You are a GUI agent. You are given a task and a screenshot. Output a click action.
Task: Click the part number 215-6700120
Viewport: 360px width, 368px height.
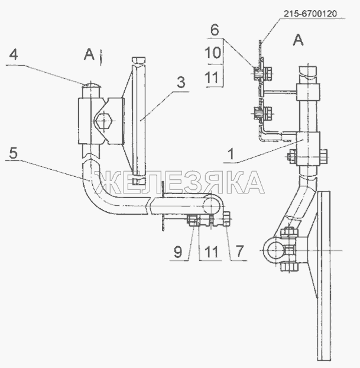(x=310, y=14)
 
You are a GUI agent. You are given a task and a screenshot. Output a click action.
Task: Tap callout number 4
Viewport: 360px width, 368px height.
(x=14, y=54)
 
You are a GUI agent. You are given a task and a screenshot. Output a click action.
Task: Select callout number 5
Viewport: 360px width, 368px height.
(x=13, y=153)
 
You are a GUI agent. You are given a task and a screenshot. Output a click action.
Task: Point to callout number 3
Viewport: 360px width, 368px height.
(x=181, y=83)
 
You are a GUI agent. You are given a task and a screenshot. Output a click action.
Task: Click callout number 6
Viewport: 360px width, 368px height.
(x=215, y=30)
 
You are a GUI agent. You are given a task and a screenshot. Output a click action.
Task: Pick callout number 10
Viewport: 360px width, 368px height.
(x=213, y=53)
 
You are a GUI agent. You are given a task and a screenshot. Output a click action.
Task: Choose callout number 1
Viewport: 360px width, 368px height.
(x=231, y=154)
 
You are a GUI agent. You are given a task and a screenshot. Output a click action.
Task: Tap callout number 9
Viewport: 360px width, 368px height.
(x=178, y=252)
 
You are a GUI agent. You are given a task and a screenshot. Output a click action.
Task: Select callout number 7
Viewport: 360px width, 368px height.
(x=239, y=251)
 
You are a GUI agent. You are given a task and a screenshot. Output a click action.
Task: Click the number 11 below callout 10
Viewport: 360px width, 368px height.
(x=212, y=78)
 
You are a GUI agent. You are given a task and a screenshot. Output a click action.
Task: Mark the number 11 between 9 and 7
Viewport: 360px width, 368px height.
(x=212, y=251)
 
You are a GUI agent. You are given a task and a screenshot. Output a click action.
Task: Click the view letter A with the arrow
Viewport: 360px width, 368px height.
(x=89, y=54)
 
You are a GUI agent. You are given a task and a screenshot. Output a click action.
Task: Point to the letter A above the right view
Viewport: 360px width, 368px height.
(x=298, y=40)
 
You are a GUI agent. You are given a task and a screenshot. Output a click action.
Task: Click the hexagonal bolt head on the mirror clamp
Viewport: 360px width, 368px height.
(x=103, y=121)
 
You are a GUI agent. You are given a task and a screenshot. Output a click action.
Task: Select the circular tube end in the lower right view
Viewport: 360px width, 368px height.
(x=273, y=250)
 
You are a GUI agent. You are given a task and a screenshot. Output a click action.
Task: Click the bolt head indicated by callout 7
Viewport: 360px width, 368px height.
(x=227, y=218)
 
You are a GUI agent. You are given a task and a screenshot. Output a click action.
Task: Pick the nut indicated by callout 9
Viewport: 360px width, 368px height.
(x=192, y=220)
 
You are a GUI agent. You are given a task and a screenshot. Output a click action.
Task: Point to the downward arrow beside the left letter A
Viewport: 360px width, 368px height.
(x=101, y=57)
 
